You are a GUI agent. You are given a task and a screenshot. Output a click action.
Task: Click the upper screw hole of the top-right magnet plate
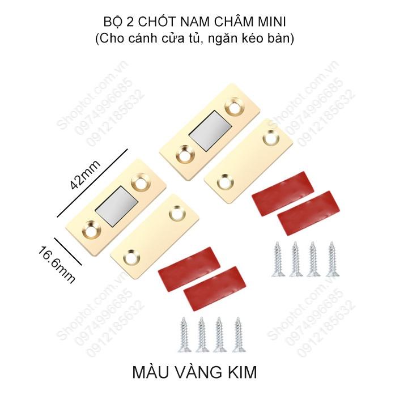point(233,106)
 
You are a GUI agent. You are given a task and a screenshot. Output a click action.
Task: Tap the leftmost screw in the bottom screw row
point(184,333)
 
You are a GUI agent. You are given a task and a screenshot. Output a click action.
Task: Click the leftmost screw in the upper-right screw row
point(278,258)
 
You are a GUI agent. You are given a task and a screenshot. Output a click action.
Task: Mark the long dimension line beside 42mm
point(93,183)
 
